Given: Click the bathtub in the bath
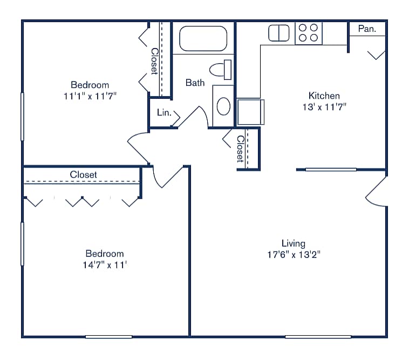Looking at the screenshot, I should point(203,38).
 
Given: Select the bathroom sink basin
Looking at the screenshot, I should point(223,106).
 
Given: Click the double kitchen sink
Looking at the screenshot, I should point(280,33).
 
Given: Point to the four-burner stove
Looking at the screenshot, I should point(308,32).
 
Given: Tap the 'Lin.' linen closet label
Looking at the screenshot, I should point(164,113).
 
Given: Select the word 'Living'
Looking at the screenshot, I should point(293,243).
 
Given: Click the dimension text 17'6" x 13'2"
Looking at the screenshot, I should point(294,255).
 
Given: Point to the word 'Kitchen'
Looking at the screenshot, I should point(324,96).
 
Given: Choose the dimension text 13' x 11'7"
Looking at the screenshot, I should point(324,107).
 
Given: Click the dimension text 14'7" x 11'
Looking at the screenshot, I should point(104,265).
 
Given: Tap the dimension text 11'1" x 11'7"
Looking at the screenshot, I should point(90,96).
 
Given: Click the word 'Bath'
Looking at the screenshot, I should point(195,83).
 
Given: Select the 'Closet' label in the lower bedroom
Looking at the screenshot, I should point(84,175).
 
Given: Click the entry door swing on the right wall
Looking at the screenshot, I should point(378,192).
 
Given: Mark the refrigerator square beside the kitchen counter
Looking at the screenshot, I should point(250,112).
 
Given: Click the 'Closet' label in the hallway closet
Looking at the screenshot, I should point(241,148).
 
